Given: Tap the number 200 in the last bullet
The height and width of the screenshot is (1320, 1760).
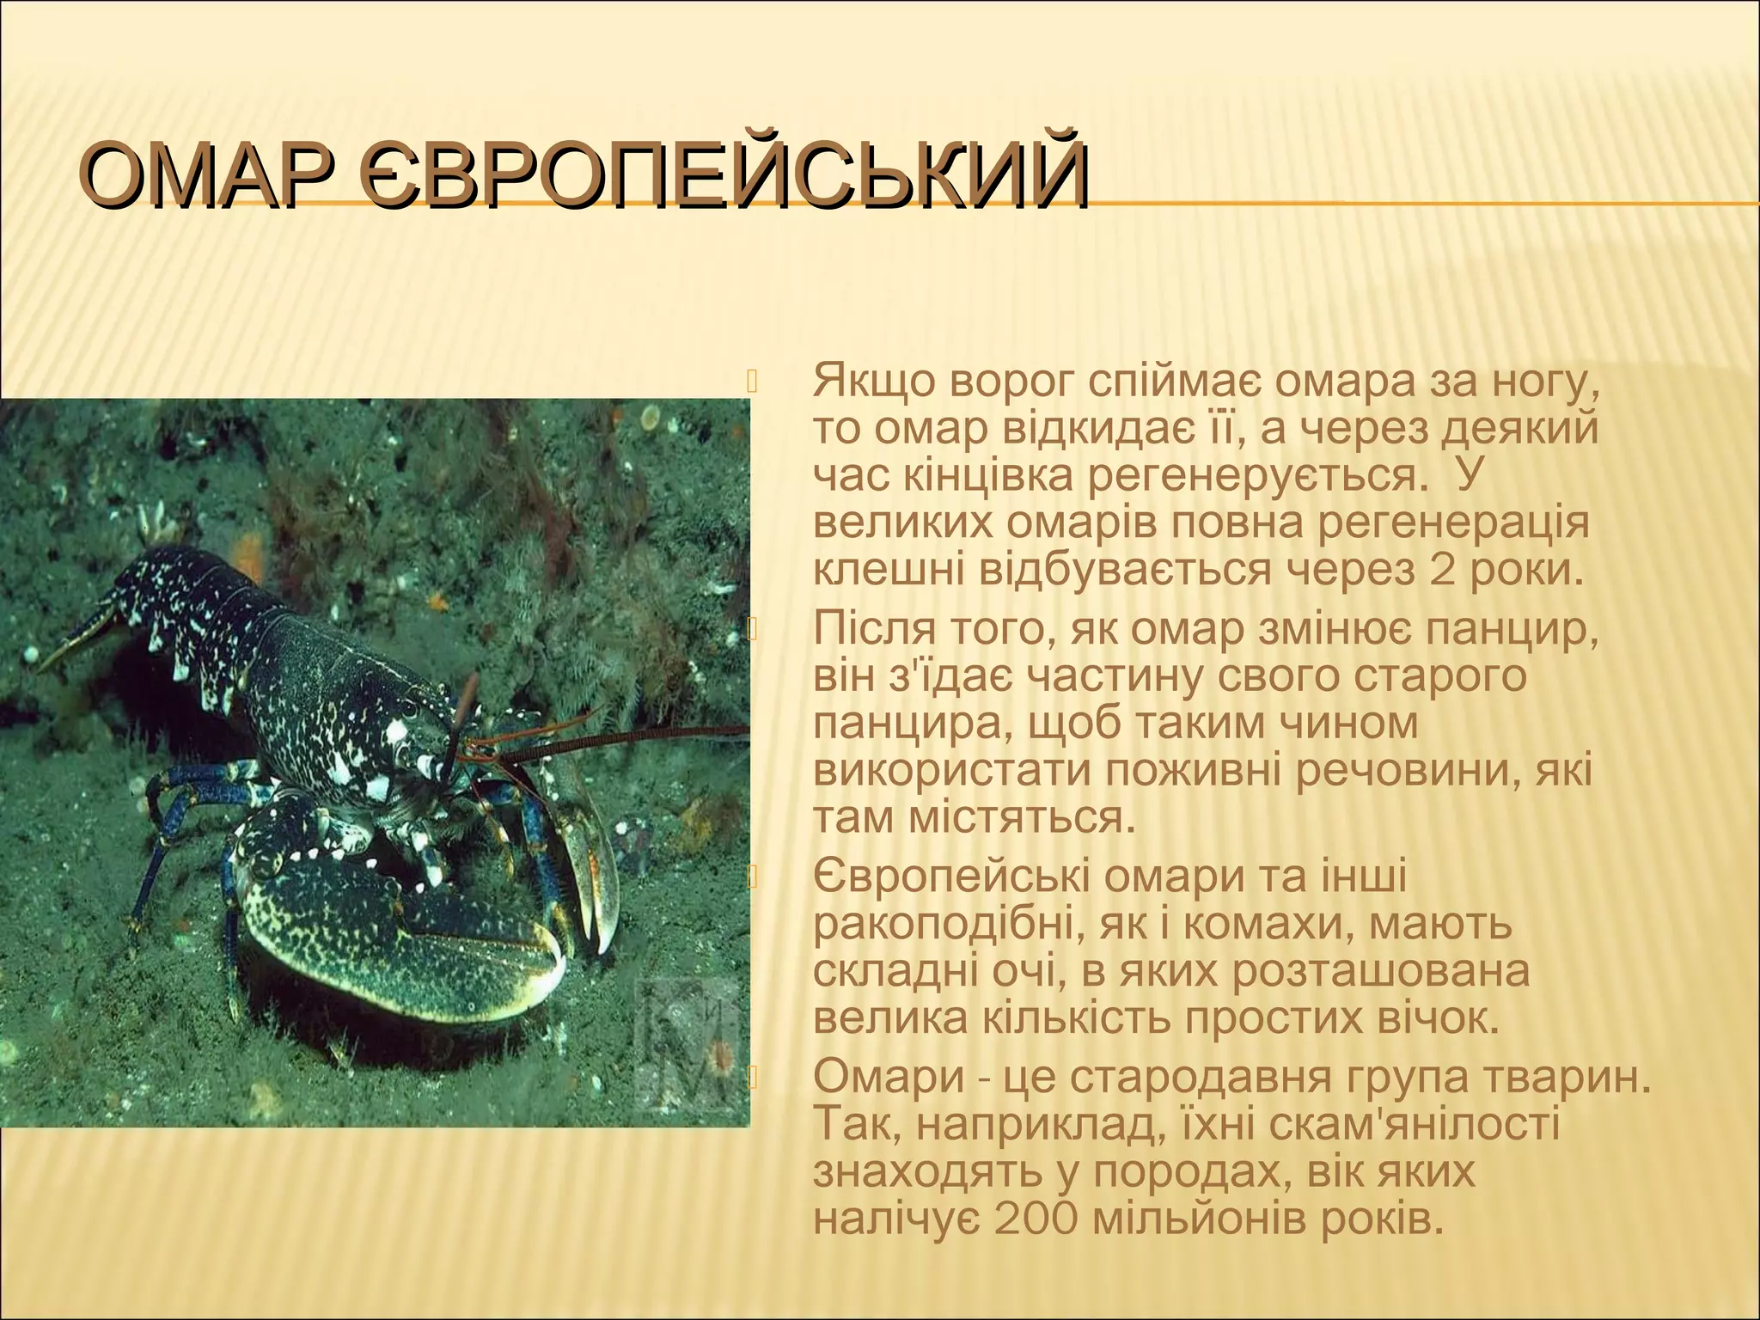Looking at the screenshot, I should coord(1035,1218).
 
